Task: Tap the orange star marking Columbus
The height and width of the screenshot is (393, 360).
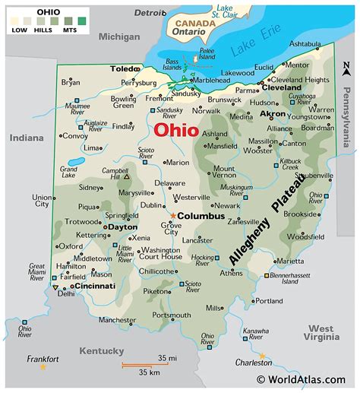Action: click(173, 216)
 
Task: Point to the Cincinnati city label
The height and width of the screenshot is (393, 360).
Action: click(91, 286)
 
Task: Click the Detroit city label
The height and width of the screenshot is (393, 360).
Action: click(150, 13)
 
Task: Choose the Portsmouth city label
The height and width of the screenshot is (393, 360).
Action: click(171, 315)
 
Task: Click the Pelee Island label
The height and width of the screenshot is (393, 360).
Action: click(207, 53)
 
